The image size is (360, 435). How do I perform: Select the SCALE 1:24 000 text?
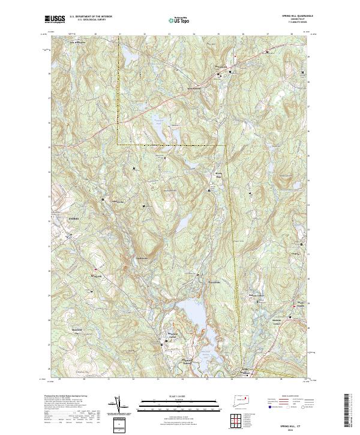pos(179,397)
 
